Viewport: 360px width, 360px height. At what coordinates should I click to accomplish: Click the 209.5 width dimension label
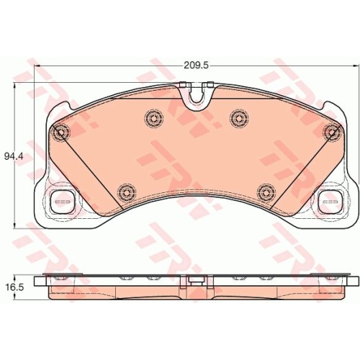(x=195, y=66)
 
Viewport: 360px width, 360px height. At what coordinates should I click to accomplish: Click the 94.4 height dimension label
(x=13, y=157)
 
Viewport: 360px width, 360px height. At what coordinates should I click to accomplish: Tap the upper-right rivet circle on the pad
(x=239, y=117)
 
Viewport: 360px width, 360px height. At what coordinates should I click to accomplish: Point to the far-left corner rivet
(x=60, y=132)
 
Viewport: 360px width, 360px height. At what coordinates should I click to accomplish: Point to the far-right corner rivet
(x=333, y=132)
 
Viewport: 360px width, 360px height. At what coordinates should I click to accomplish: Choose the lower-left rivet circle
(x=127, y=192)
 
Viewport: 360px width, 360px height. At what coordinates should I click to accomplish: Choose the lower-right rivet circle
(x=266, y=192)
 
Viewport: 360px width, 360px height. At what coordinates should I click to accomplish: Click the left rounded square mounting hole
(x=63, y=202)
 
